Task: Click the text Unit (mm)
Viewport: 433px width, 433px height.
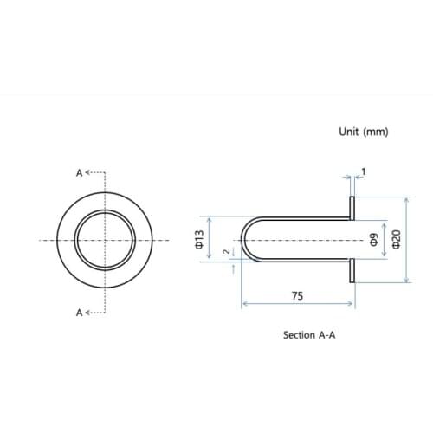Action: [364, 132]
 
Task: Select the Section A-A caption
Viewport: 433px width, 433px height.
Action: [308, 334]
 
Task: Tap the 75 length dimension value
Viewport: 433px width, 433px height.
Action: [297, 295]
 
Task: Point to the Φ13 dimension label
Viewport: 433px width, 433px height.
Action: [199, 239]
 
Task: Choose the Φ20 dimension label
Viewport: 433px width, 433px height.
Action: [397, 239]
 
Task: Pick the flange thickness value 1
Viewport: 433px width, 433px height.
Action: [362, 171]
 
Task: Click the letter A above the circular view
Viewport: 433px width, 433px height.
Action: [80, 173]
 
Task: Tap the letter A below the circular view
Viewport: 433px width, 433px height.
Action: [80, 312]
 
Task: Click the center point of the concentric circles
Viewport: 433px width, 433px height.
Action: [106, 239]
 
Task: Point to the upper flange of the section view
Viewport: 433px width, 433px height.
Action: [353, 206]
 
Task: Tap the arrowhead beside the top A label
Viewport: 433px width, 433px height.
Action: [87, 173]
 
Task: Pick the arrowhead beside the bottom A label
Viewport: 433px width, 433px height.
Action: [87, 312]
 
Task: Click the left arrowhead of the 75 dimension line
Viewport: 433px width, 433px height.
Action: [244, 303]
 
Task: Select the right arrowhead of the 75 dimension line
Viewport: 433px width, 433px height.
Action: [352, 303]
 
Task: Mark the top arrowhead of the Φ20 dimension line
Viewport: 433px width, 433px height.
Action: [407, 198]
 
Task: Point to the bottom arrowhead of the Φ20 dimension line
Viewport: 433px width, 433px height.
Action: [407, 280]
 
